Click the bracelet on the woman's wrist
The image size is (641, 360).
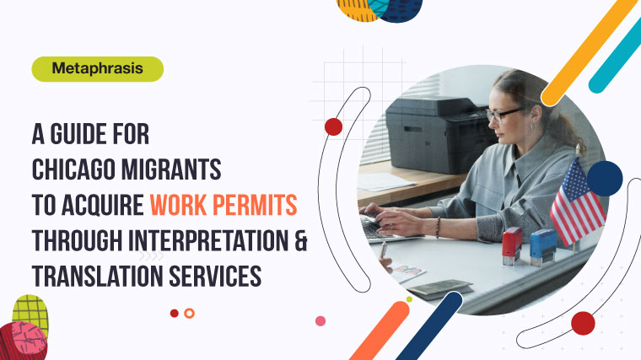[x=438, y=227]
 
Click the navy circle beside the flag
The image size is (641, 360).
[x=604, y=178]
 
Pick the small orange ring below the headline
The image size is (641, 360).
[x=189, y=313]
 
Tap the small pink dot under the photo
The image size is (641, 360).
[x=320, y=320]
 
